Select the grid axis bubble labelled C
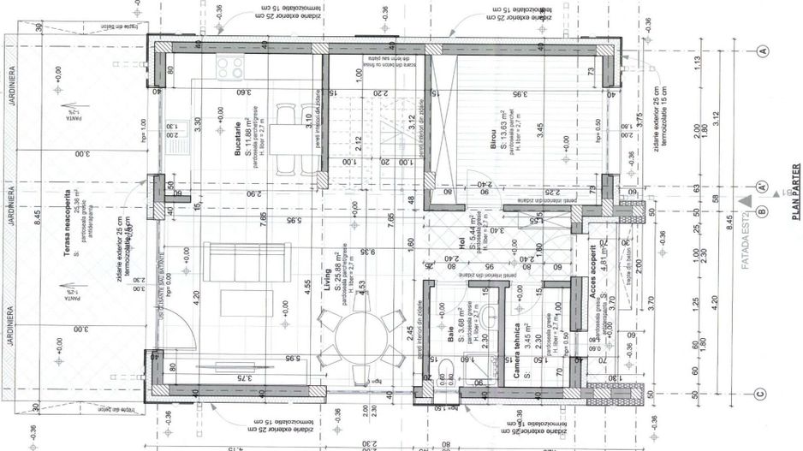[761, 395]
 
